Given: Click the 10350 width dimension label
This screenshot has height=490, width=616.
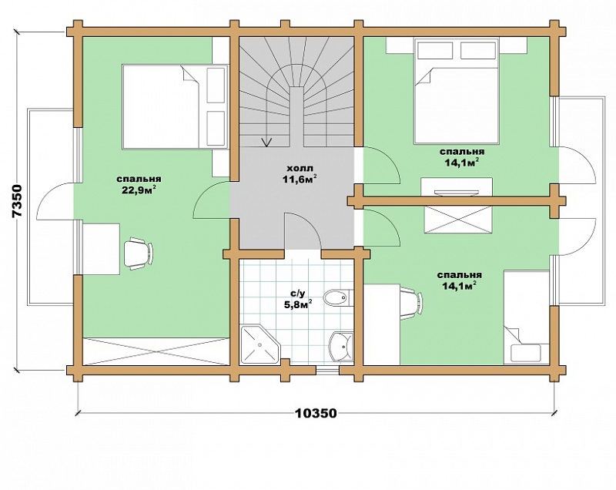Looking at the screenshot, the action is coord(316,414).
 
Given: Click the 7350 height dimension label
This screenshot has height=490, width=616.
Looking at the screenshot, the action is coord(18,200).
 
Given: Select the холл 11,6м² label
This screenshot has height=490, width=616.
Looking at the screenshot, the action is coord(300,174).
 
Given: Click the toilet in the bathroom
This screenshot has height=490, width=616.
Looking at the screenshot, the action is coord(337,297).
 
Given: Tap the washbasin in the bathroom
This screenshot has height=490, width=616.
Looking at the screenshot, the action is coord(341,346).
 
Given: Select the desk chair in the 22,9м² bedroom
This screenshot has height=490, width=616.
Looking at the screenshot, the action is coord(139,253).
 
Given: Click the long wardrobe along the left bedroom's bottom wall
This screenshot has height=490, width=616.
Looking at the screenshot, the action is coord(156,351).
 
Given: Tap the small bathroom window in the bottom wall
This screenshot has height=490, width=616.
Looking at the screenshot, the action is coord(328,370).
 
